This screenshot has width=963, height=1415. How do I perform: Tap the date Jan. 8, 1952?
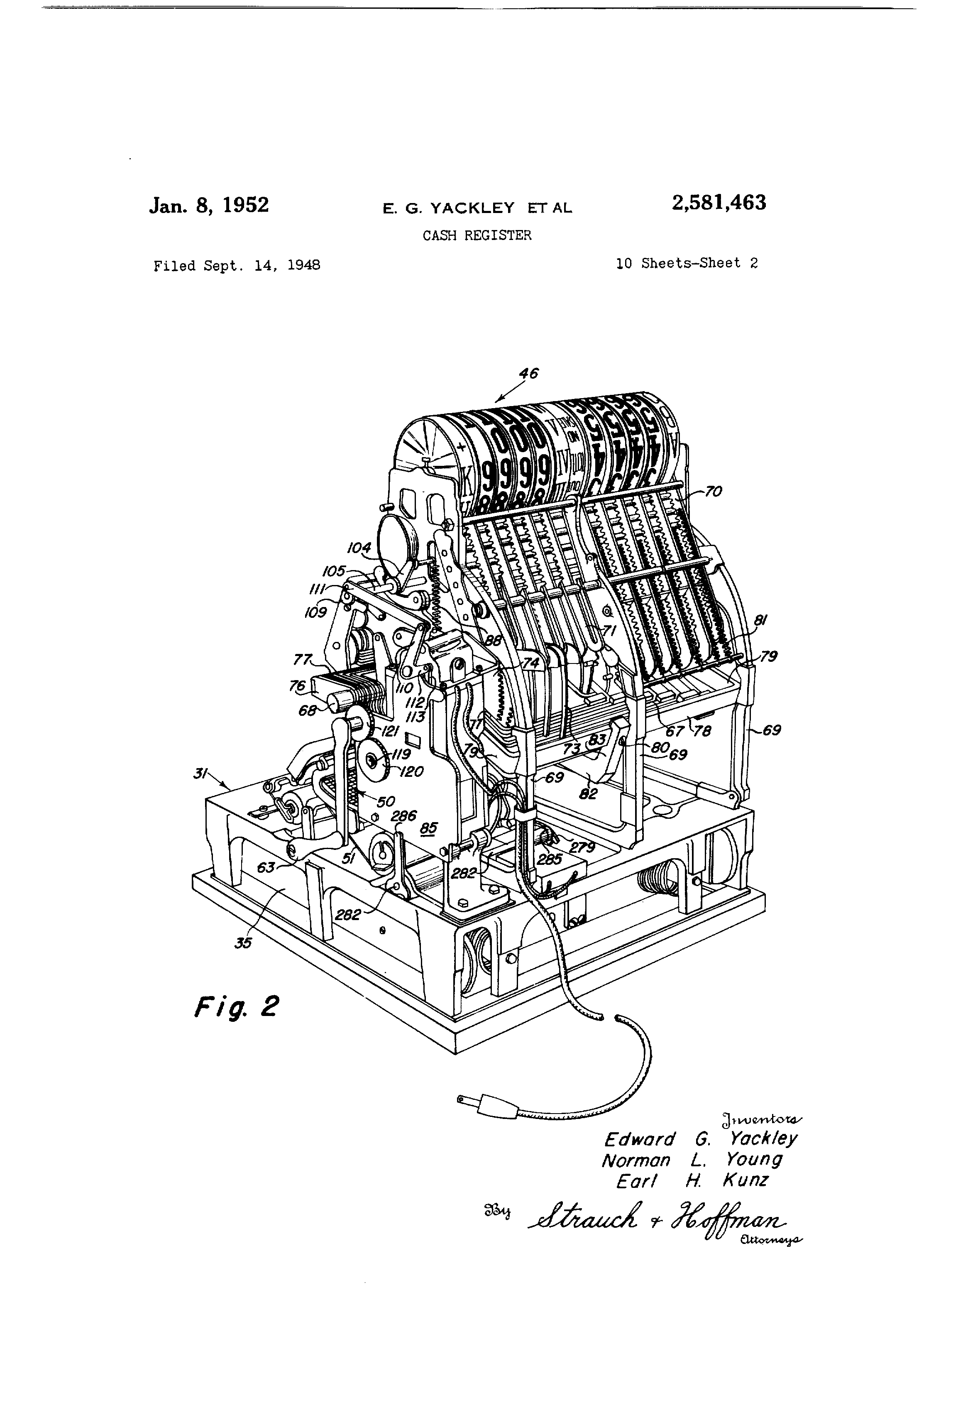pos(209,205)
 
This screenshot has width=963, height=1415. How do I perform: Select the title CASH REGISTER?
pos(477,236)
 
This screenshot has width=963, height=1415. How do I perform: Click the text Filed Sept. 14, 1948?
pos(237,265)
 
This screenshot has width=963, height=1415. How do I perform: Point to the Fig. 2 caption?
pos(236,1006)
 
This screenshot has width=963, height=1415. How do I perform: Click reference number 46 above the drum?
pos(529,373)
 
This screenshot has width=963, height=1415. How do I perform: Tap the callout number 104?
pos(359,548)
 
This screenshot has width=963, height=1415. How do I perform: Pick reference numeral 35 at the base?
pos(243,943)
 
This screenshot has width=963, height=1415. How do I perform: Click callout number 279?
pos(582,847)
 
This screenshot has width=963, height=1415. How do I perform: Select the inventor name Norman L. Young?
pos(692,1160)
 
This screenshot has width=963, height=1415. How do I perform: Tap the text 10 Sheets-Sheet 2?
pos(687,263)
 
